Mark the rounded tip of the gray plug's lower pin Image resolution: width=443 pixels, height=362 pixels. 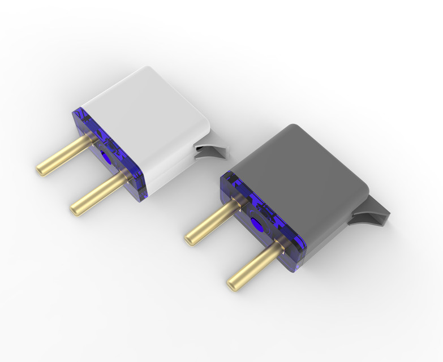point(232,281)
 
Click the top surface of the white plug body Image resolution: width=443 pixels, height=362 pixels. point(141,102)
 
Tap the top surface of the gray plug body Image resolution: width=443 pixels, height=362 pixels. point(300,164)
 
